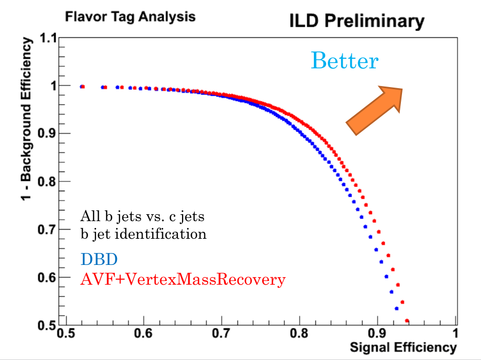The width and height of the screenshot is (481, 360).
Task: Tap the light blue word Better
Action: (x=344, y=61)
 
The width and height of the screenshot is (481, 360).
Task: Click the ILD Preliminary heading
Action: (x=357, y=21)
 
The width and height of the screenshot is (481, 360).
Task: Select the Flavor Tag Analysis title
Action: (x=130, y=17)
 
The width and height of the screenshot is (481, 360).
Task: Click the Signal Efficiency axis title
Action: (x=403, y=348)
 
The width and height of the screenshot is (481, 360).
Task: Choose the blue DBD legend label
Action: (x=99, y=260)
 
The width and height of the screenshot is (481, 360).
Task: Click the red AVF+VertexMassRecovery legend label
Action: (x=183, y=279)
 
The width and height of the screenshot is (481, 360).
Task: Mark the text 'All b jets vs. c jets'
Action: (x=143, y=216)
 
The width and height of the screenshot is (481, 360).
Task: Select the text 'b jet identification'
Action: (x=143, y=233)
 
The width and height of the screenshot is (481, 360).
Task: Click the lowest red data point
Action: (x=407, y=321)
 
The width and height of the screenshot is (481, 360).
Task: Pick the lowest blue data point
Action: (x=397, y=308)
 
